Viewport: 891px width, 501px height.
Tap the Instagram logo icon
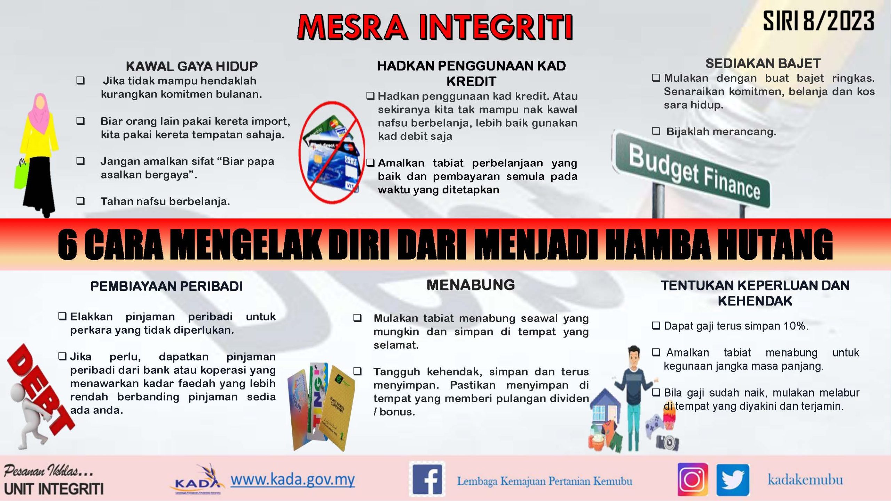pyautogui.click(x=692, y=479)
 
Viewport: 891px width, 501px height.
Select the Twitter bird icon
pyautogui.click(x=733, y=480)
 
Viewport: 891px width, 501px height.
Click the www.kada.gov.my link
pyautogui.click(x=292, y=479)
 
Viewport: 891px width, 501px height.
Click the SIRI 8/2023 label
pyautogui.click(x=818, y=21)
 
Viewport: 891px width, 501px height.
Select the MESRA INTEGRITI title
pyautogui.click(x=435, y=27)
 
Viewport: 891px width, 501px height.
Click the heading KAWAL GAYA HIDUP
pyautogui.click(x=192, y=66)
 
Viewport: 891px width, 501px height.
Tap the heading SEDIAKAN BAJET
pyautogui.click(x=763, y=63)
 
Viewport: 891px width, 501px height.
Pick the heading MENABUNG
pyautogui.click(x=471, y=285)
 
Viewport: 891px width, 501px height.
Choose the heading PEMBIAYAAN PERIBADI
pyautogui.click(x=166, y=286)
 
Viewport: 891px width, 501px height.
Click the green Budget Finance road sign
pyautogui.click(x=691, y=170)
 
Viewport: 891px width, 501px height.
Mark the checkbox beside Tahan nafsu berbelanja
pyautogui.click(x=80, y=201)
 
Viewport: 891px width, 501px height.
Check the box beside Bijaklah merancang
pyautogui.click(x=656, y=132)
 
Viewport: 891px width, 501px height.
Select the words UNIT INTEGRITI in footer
pyautogui.click(x=54, y=489)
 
